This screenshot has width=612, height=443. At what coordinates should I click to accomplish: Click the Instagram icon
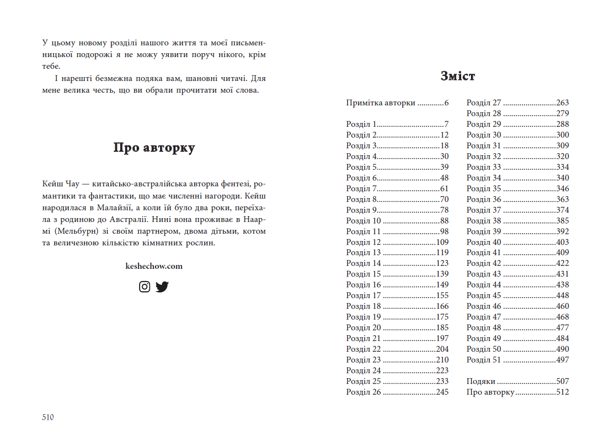(144, 287)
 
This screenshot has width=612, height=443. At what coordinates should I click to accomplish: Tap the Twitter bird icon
(162, 287)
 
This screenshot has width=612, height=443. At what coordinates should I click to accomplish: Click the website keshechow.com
(154, 266)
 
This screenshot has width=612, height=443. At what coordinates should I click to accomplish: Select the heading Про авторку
(154, 148)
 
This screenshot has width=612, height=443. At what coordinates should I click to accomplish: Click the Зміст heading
(457, 76)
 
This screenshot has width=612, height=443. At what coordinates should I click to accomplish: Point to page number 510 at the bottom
(48, 417)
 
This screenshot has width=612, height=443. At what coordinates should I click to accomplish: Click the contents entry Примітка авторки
(381, 103)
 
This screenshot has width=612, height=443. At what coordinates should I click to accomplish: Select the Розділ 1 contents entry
(361, 124)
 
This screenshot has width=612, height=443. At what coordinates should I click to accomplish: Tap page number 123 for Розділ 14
(442, 263)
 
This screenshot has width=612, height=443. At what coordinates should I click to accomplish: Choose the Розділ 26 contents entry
(363, 392)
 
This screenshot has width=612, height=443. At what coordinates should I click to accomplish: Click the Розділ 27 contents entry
(484, 103)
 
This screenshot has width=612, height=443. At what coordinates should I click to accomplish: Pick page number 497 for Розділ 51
(562, 360)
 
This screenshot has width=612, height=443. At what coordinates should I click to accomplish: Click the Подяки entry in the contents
(481, 382)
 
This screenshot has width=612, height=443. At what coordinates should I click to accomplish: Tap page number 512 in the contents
(562, 392)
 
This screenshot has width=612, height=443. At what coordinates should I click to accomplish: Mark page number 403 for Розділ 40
(562, 242)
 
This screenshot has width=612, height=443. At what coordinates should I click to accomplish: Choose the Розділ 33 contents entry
(484, 167)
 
